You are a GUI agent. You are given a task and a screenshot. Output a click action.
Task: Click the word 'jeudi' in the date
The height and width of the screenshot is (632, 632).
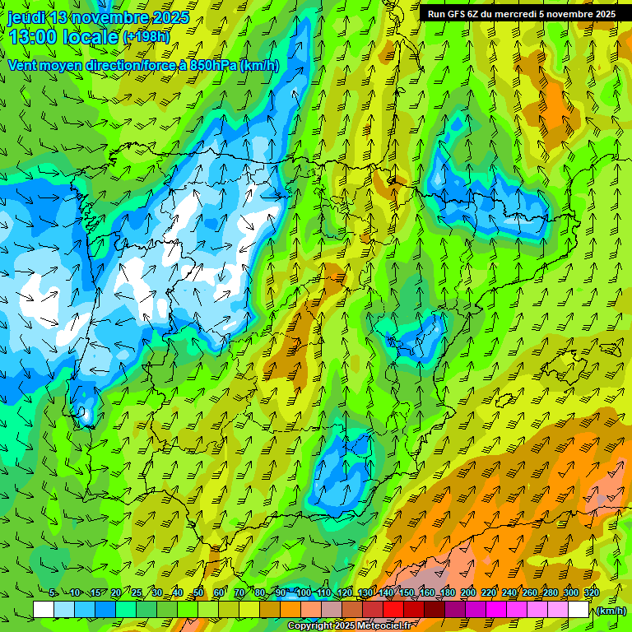pos(26,17)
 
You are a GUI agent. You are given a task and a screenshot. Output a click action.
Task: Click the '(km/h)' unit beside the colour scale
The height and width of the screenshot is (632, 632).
pos(611,610)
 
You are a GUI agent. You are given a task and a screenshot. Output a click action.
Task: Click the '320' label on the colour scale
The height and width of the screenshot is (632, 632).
pos(591,593)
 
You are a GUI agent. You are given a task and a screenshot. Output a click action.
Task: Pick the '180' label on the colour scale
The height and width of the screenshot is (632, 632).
pos(447,593)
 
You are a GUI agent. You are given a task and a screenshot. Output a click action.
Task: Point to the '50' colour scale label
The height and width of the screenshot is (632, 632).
pos(198,593)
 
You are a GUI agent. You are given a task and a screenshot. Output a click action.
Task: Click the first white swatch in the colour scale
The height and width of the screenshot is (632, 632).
pos(44,610)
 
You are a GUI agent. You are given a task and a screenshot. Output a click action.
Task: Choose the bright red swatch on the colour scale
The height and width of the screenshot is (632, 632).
pos(393,610)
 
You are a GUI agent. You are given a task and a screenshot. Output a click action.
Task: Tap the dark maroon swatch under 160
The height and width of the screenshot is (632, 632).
pos(434,610)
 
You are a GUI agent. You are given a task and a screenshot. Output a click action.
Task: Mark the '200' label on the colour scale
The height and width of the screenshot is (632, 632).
pos(467,593)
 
